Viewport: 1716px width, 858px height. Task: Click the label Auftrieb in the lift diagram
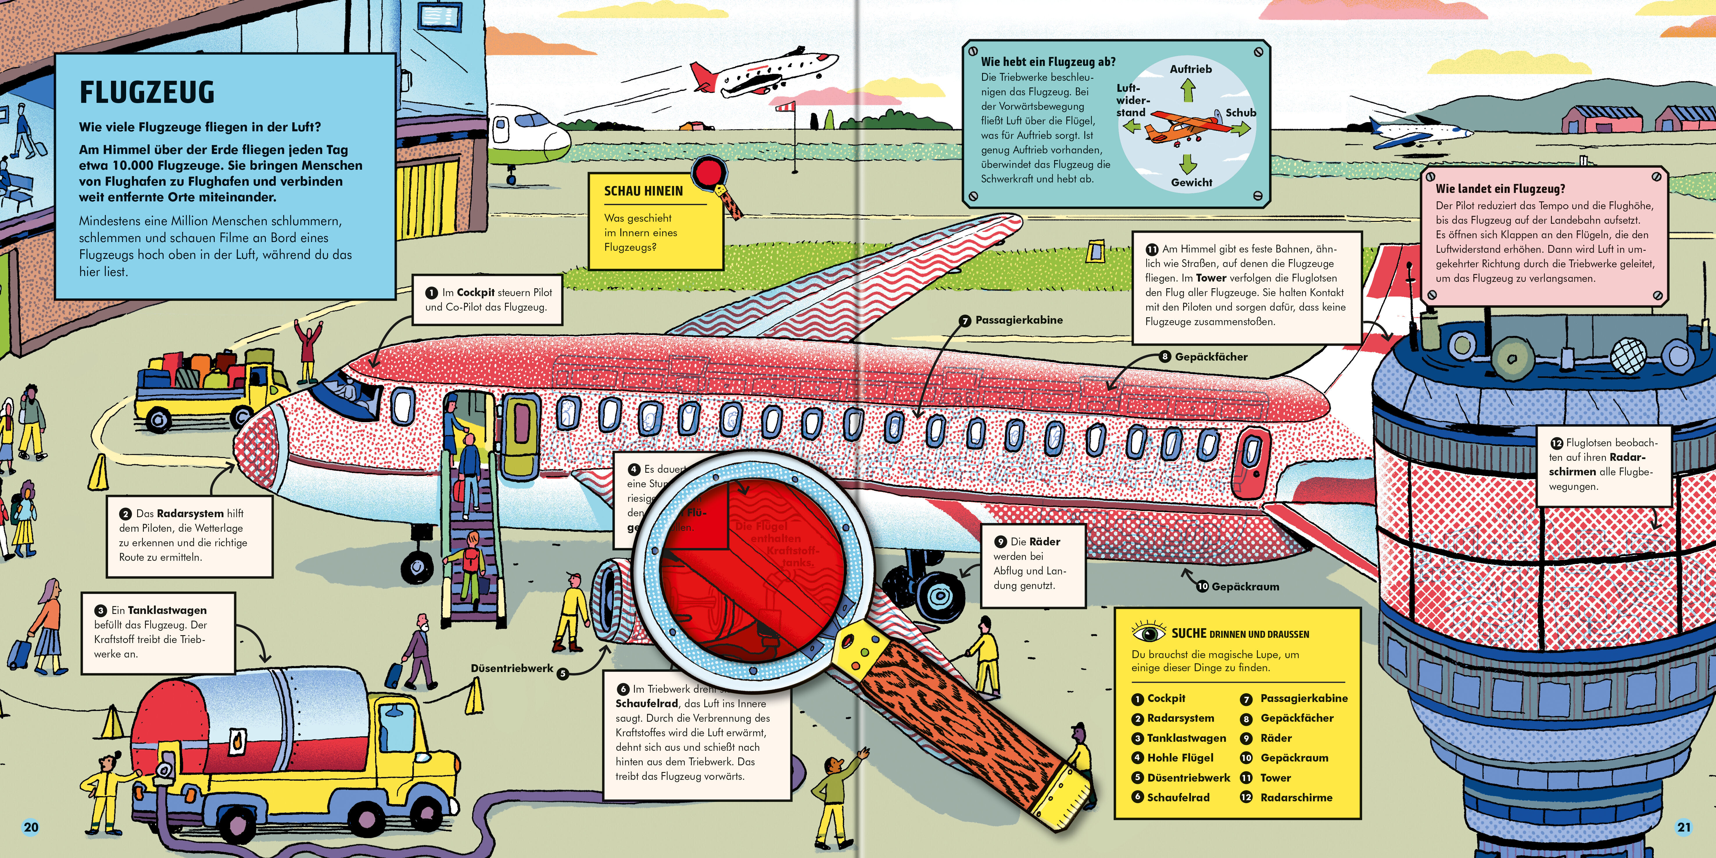coord(1190,69)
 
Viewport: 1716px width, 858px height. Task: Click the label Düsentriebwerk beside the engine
coord(512,668)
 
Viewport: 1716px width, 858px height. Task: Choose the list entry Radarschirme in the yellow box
coord(1296,797)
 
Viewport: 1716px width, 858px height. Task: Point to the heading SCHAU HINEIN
coord(644,191)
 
